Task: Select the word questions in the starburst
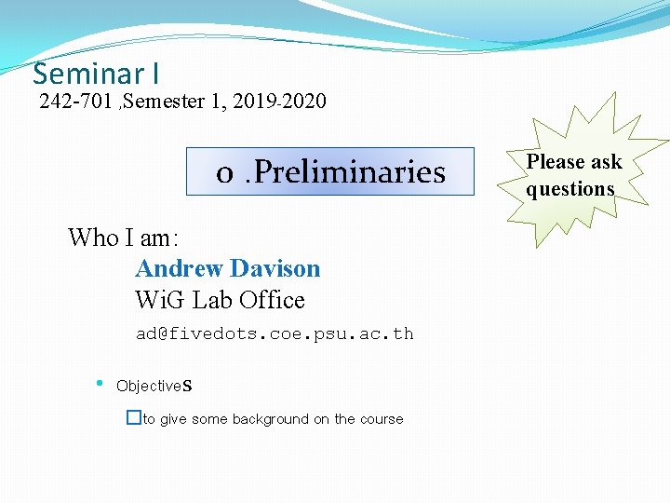(x=570, y=189)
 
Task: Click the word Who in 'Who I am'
(x=93, y=238)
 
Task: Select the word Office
(x=272, y=300)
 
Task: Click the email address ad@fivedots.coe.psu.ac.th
(x=275, y=333)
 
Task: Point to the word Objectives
(x=154, y=386)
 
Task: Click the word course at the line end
(x=382, y=419)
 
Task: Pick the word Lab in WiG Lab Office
(x=213, y=300)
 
